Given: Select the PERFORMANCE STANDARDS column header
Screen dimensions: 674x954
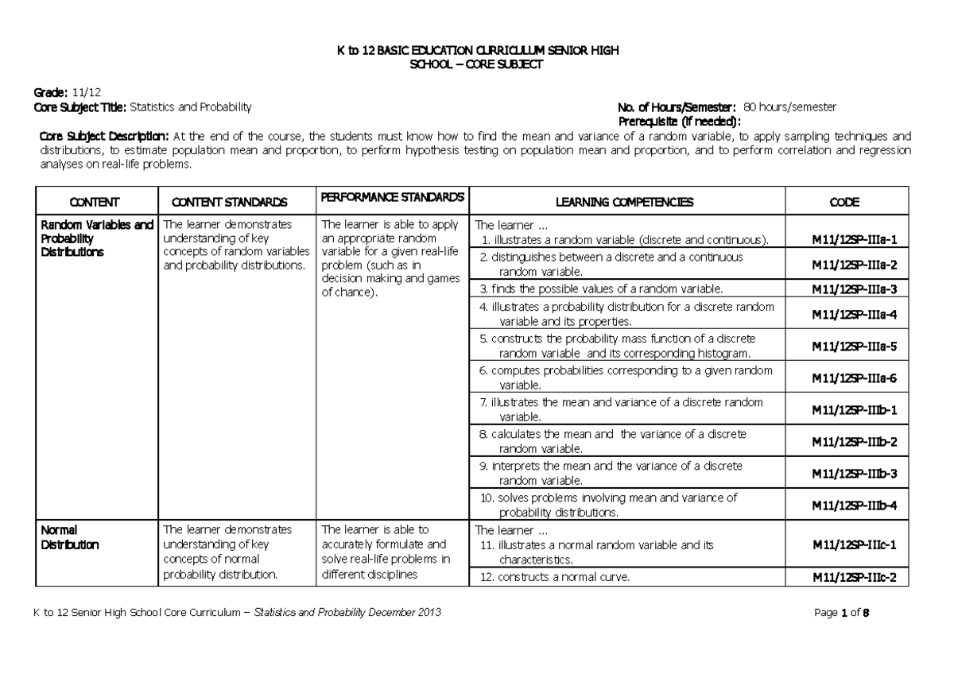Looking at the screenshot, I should pos(392,196).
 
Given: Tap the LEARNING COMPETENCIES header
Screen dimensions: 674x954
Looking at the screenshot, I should pos(624,202).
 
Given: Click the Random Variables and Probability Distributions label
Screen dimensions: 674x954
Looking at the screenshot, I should pos(96,238).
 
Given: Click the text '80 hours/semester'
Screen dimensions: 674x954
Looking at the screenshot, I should pos(788,107).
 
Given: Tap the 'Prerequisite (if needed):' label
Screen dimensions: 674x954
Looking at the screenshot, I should pos(679,121).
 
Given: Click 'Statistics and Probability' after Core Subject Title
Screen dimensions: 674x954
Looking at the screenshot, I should pos(190,107).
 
